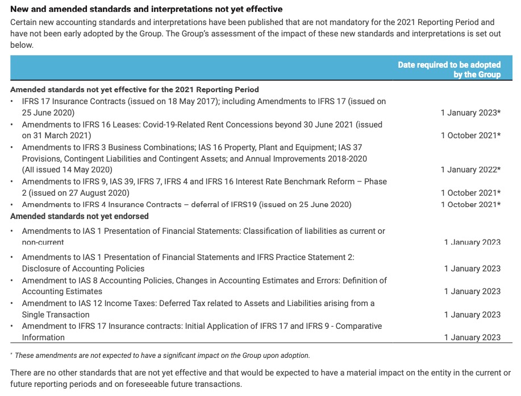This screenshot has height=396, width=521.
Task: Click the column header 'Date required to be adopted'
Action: (449, 65)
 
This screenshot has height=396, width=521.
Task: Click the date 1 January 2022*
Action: (470, 170)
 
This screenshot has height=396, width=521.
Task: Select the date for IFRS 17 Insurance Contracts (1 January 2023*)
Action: (470, 113)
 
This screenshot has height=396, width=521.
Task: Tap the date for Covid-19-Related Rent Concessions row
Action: (470, 135)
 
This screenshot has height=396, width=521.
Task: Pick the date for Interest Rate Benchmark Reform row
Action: (470, 193)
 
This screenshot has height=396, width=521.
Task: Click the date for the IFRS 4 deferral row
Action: (470, 204)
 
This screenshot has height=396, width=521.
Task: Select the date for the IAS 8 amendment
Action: (472, 291)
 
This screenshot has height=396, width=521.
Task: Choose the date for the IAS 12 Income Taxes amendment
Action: (472, 315)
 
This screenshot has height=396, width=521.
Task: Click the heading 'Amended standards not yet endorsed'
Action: (80, 216)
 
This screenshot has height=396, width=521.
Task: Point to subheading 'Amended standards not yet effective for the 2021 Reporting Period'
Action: (135, 89)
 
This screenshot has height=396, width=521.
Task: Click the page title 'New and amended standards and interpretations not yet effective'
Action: (147, 10)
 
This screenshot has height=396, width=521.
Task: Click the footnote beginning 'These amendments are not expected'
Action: (162, 356)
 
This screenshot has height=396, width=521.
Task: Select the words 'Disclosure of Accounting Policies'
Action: (83, 269)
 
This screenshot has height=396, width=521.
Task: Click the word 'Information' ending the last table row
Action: (43, 337)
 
